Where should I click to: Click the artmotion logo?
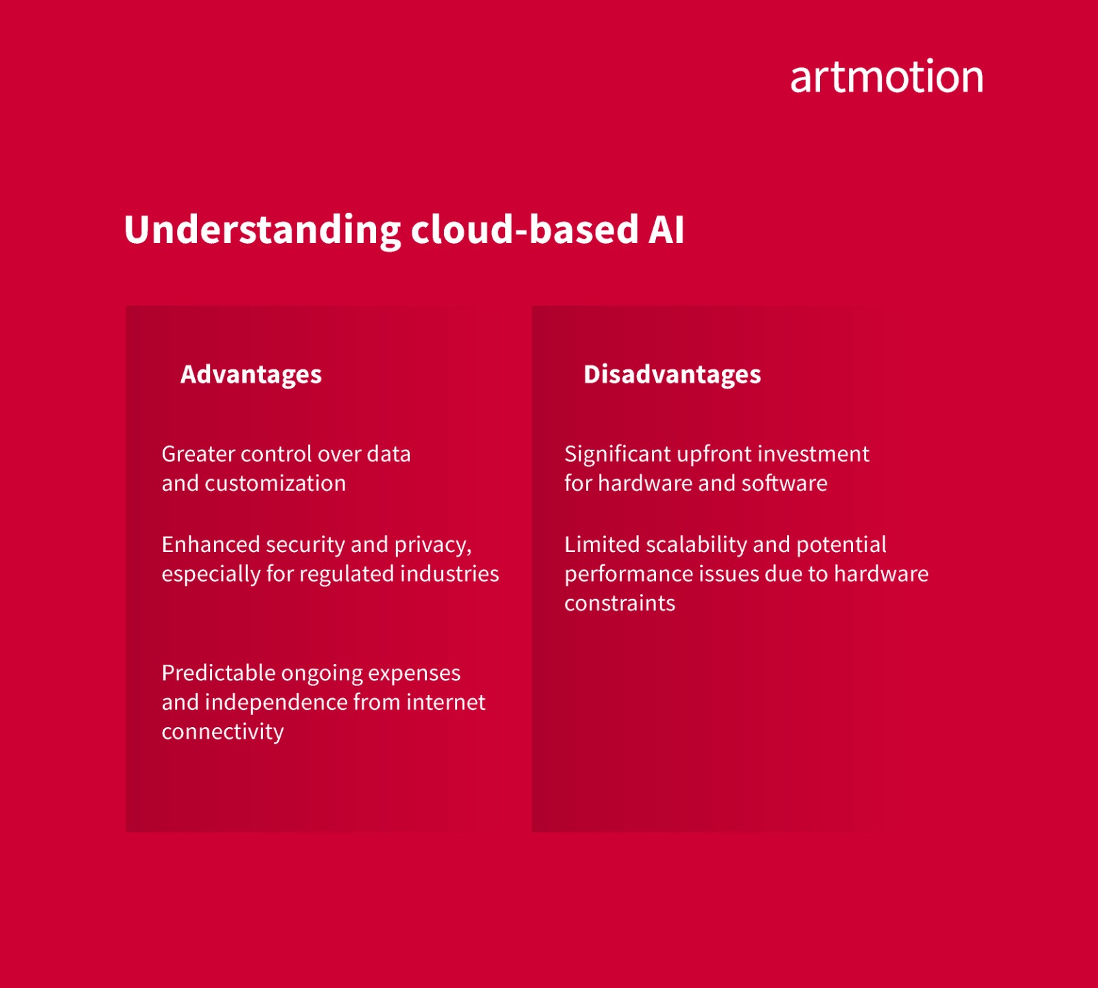coord(886,76)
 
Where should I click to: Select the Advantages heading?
coord(250,375)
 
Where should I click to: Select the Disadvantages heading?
coord(672,375)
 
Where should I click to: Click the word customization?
coord(275,483)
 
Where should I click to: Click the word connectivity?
coord(222,732)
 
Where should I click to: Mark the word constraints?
coord(620,604)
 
